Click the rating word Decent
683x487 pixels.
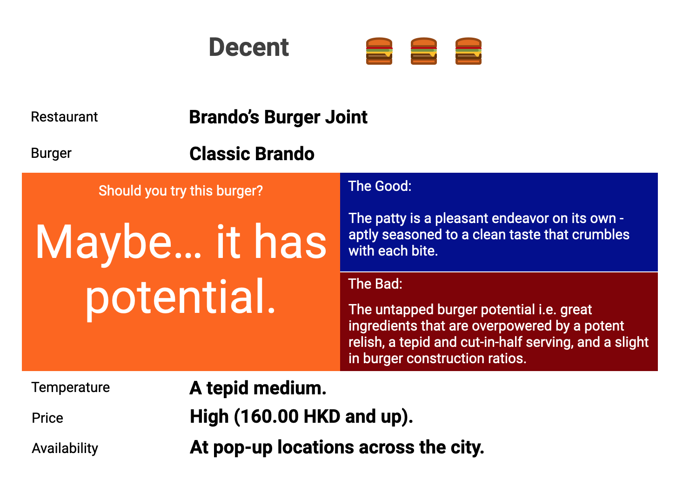pyautogui.click(x=248, y=47)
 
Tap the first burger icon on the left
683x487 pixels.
pyautogui.click(x=379, y=51)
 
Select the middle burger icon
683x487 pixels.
pyautogui.click(x=423, y=51)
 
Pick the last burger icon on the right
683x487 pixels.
pyautogui.click(x=468, y=51)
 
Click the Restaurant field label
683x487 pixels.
pyautogui.click(x=64, y=117)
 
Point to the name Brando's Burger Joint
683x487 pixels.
pyautogui.click(x=278, y=117)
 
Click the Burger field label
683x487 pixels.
pyautogui.click(x=51, y=153)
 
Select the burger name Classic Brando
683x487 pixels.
pyautogui.click(x=252, y=154)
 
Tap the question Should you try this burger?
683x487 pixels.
pyautogui.click(x=181, y=191)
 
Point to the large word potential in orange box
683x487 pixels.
pyautogui.click(x=181, y=297)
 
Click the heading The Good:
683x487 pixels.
pyautogui.click(x=380, y=186)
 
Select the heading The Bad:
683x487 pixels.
pyautogui.click(x=375, y=284)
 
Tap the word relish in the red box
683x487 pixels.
pyautogui.click(x=366, y=342)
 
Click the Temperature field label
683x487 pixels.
pyautogui.click(x=71, y=387)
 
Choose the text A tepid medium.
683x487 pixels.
pyautogui.click(x=258, y=388)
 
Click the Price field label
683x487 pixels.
pyautogui.click(x=47, y=418)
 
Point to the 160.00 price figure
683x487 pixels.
pyautogui.click(x=265, y=417)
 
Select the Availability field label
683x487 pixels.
pyautogui.click(x=65, y=448)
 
